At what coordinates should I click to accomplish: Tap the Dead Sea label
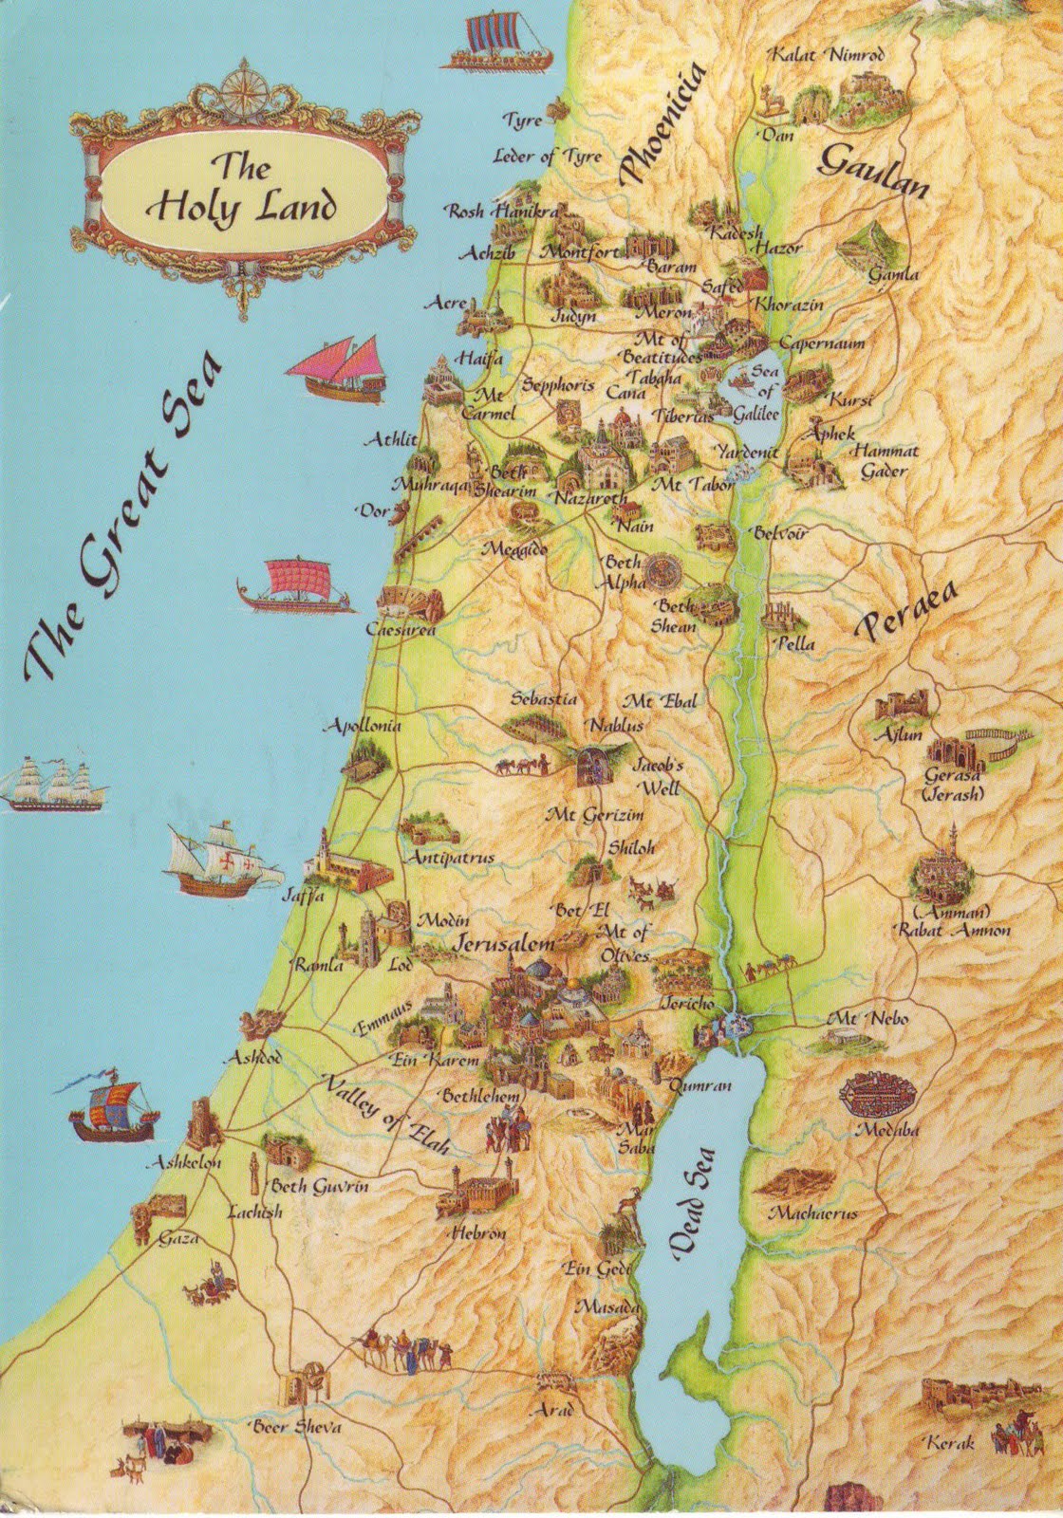(x=695, y=1204)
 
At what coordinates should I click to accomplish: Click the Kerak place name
(x=953, y=1443)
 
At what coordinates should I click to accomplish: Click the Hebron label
(x=478, y=1232)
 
